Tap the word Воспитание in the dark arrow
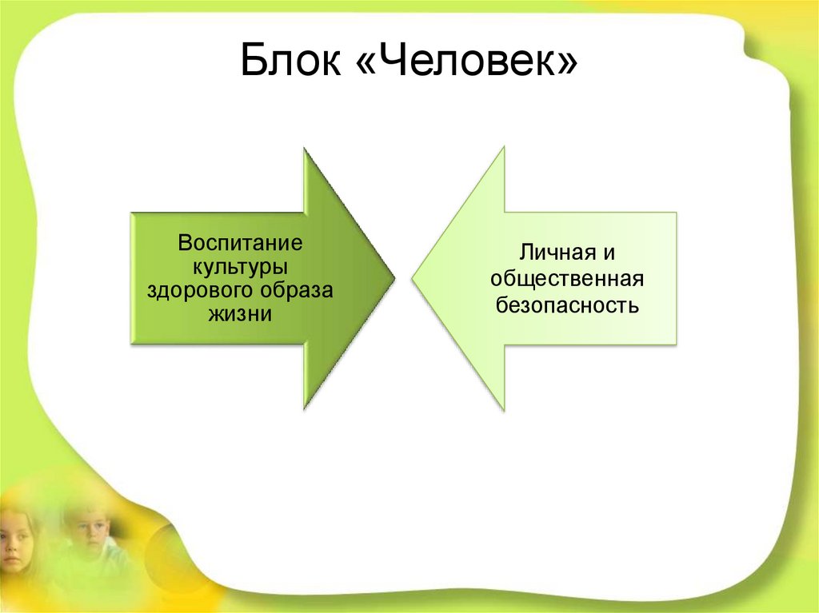click(x=240, y=241)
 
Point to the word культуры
click(x=240, y=265)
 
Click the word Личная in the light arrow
click(x=556, y=255)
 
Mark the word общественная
click(x=568, y=279)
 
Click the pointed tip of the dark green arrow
click(x=394, y=278)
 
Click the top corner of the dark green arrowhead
click(x=305, y=148)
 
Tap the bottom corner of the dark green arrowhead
click(x=305, y=409)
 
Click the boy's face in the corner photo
click(x=90, y=531)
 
